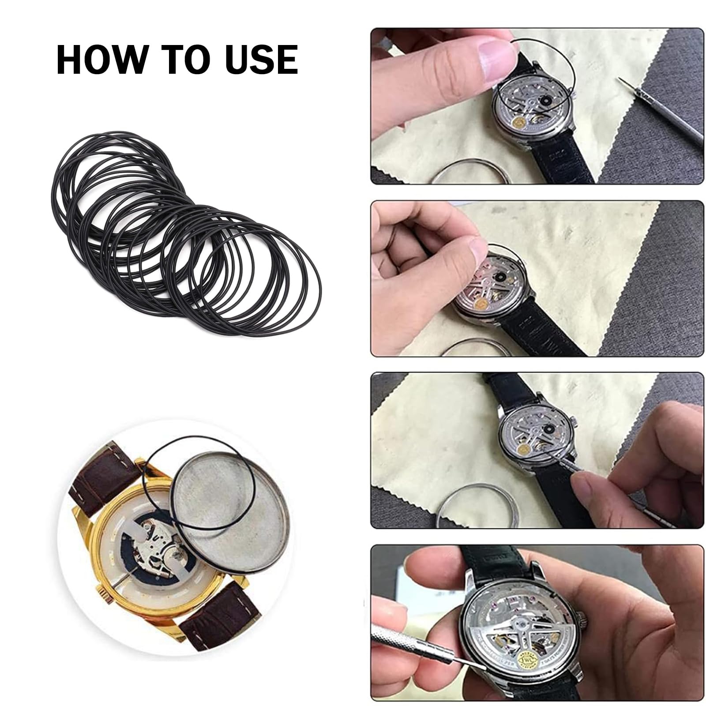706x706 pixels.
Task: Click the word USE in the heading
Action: [x=261, y=59]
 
